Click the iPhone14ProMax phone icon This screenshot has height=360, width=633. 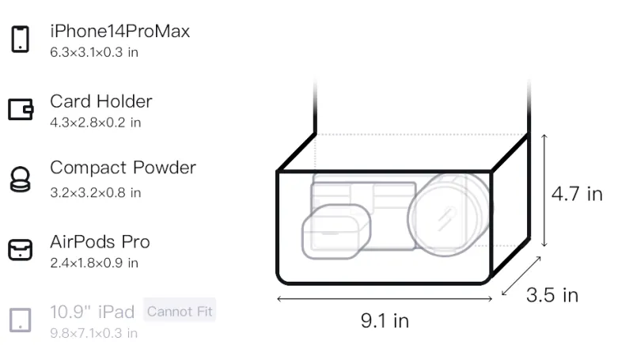[x=21, y=39]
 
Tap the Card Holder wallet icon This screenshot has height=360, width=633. [x=21, y=109]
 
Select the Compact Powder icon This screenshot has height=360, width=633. [x=21, y=179]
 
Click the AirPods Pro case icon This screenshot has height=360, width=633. [x=21, y=250]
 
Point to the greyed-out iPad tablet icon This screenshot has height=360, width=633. [x=21, y=320]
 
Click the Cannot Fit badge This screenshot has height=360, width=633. [x=180, y=311]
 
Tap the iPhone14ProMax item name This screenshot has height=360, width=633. [x=120, y=31]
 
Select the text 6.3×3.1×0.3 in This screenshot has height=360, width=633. [x=94, y=52]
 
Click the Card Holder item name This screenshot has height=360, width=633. [x=101, y=101]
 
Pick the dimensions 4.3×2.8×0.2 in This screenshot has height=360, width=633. [x=95, y=123]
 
